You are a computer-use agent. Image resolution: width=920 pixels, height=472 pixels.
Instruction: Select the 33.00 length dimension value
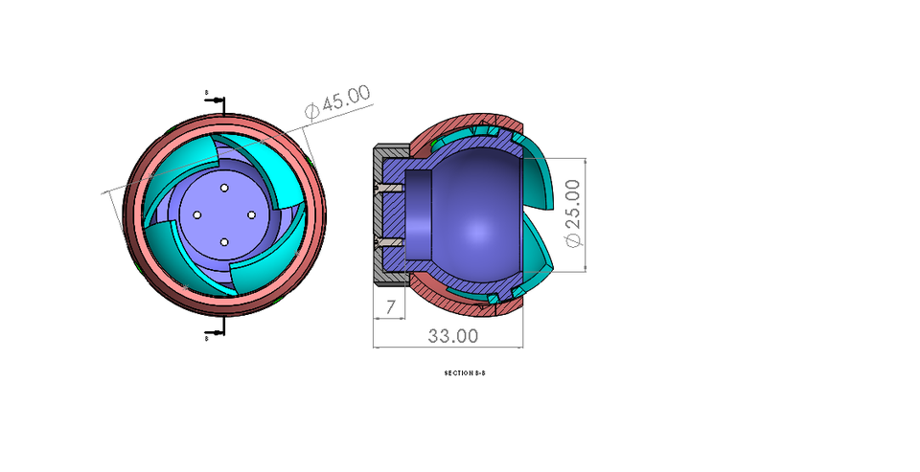(453, 336)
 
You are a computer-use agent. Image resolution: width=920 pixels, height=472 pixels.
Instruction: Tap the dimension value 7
(390, 307)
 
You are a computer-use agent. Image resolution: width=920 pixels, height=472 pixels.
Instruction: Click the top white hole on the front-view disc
(223, 188)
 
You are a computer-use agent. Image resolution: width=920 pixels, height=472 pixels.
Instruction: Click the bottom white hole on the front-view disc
(223, 243)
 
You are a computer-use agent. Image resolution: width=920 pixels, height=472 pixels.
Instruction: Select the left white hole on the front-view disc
(195, 214)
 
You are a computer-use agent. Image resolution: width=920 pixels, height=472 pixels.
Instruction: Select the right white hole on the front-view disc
(252, 215)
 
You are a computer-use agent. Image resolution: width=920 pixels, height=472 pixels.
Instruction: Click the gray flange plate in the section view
(377, 215)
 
